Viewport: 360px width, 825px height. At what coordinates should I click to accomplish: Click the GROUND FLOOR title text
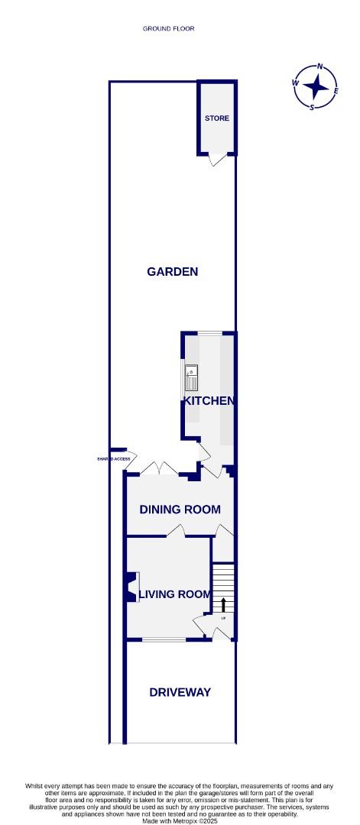click(x=168, y=29)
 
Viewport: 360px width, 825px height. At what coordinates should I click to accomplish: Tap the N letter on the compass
click(x=320, y=66)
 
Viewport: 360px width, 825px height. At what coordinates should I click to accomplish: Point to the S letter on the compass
click(x=312, y=108)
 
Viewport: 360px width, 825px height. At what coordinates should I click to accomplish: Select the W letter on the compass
click(x=295, y=82)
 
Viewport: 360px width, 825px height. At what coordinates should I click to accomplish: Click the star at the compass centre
click(x=316, y=86)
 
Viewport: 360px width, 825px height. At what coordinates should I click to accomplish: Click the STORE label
click(x=216, y=118)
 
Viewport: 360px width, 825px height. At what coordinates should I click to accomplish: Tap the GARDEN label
click(x=173, y=271)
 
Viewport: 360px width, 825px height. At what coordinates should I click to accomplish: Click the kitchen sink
click(x=191, y=376)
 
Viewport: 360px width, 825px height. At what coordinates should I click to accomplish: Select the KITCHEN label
click(x=208, y=400)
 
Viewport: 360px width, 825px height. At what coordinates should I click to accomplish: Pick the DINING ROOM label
click(x=180, y=510)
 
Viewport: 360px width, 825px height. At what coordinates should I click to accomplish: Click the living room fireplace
click(x=133, y=588)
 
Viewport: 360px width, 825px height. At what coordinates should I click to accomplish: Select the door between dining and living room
click(x=177, y=531)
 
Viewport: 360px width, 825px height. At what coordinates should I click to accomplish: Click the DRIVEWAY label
click(x=180, y=692)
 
